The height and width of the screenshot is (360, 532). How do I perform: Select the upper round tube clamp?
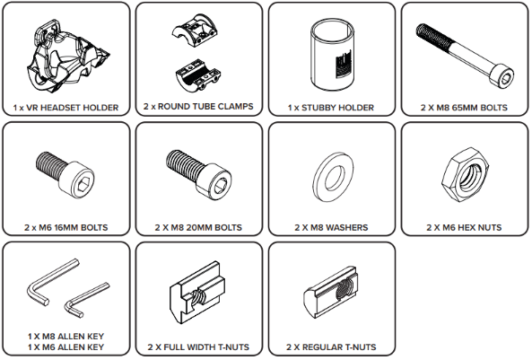coord(195,31)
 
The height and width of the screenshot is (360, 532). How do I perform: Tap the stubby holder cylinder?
coord(333,55)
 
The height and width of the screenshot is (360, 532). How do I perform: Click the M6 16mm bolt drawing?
coord(65,173)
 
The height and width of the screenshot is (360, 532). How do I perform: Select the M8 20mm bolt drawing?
coord(199,175)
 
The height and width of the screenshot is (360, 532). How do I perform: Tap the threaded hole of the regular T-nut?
coord(345,288)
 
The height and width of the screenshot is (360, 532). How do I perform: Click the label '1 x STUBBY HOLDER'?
coord(331,108)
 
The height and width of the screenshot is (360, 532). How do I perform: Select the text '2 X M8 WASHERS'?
coord(331,227)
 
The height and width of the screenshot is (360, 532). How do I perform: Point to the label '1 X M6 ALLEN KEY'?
coord(65,347)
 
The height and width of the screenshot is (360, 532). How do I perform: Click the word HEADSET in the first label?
coord(60,108)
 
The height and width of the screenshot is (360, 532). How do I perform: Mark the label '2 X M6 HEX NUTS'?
coord(464,227)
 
